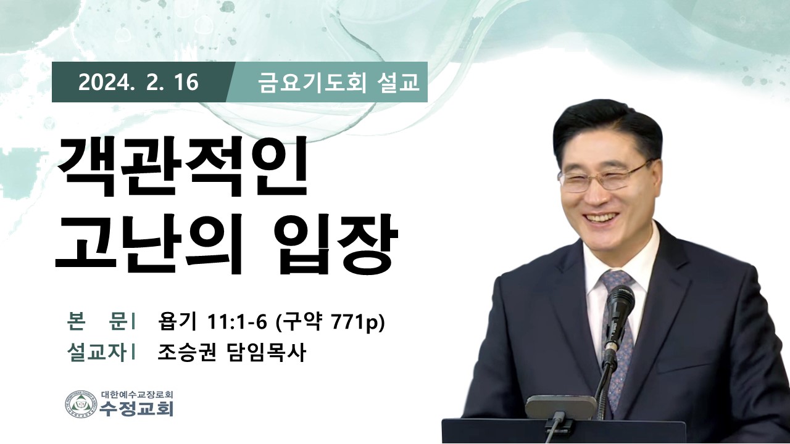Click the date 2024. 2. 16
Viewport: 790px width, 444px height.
139,83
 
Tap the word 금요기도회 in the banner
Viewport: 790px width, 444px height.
312,83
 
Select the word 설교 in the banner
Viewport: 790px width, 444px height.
398,83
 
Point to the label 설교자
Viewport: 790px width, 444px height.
96,353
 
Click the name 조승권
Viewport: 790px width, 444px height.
186,353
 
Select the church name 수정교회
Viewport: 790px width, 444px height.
136,409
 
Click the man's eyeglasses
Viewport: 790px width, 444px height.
605,177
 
